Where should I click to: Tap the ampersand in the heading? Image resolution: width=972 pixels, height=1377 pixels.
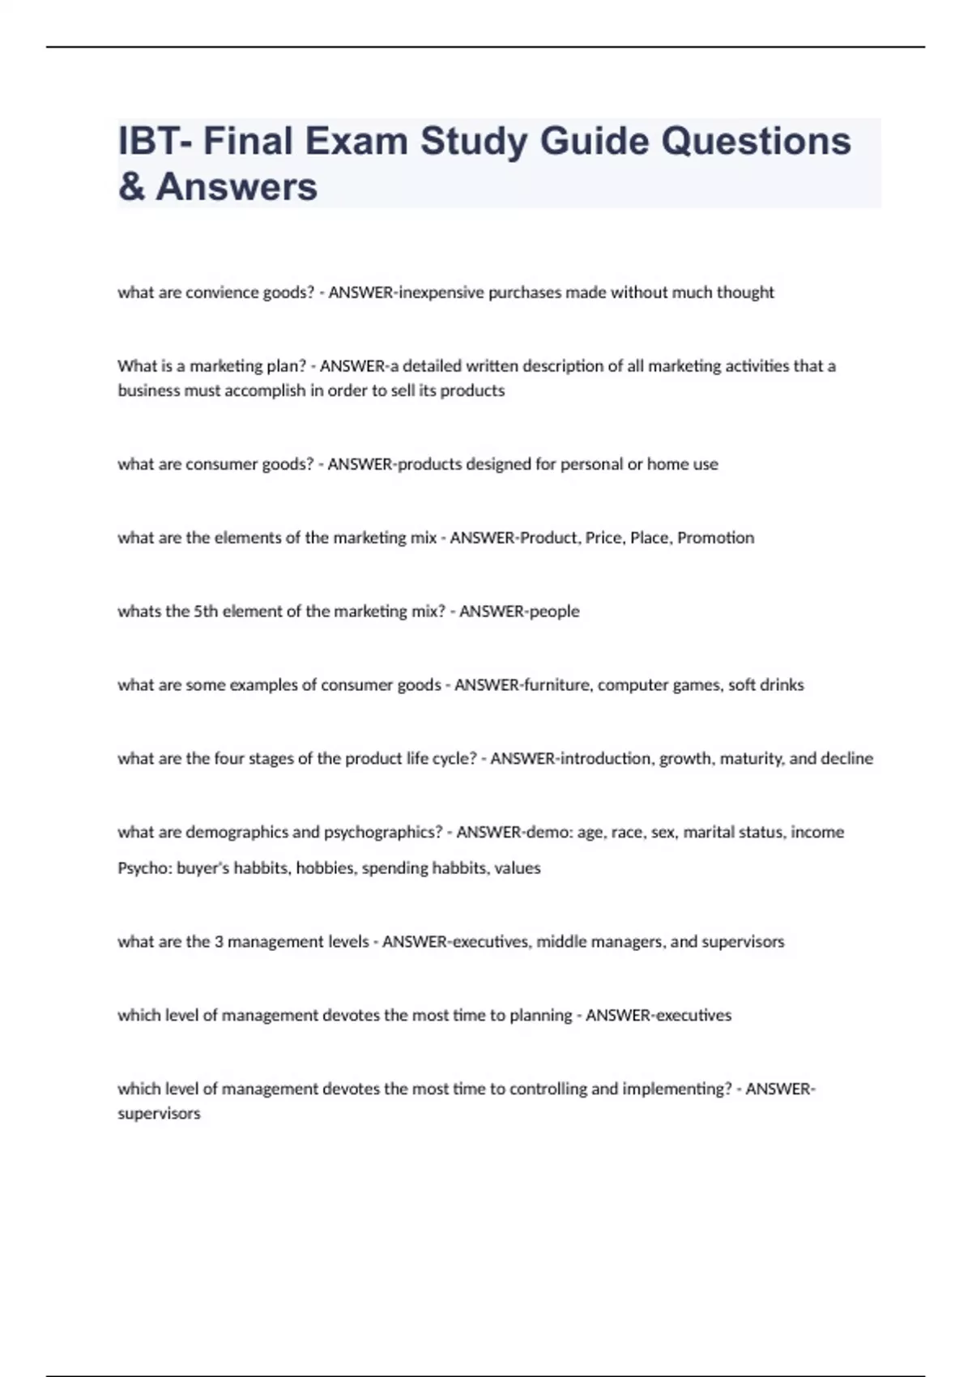(131, 187)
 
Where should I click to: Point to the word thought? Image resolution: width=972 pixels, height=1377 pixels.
(745, 292)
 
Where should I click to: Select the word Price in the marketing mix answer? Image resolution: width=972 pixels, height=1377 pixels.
(603, 538)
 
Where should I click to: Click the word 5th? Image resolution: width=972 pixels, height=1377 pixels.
(206, 612)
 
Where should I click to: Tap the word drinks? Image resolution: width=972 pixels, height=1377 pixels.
(782, 685)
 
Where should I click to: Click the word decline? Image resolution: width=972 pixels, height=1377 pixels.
(847, 759)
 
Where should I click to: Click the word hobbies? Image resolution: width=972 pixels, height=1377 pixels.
(326, 868)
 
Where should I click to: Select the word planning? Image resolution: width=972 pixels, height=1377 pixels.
(540, 1016)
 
